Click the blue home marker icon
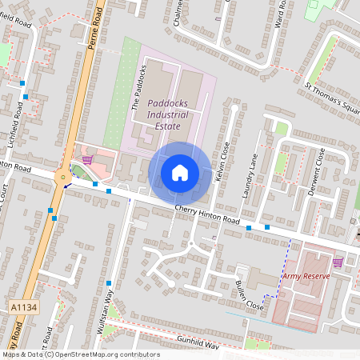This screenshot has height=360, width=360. pyautogui.click(x=180, y=173)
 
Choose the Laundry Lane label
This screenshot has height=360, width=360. pyautogui.click(x=250, y=176)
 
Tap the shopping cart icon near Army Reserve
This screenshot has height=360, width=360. pyautogui.click(x=338, y=262)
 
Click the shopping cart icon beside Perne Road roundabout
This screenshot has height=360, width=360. pyautogui.click(x=86, y=159)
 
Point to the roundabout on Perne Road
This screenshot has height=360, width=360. pyautogui.click(x=62, y=176)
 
